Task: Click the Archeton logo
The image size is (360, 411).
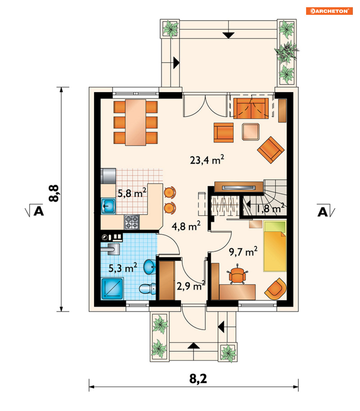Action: [329, 11]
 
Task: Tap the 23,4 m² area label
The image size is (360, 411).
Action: [207, 159]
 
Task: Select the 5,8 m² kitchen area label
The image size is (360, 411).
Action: [132, 193]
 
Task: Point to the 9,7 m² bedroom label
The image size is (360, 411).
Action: [243, 251]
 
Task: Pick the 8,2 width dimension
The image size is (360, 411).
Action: [198, 378]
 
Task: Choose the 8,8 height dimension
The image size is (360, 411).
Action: [54, 193]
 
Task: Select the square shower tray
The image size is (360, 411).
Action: [112, 288]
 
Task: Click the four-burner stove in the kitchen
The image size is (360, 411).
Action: [131, 222]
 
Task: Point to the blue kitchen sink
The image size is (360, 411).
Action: [109, 206]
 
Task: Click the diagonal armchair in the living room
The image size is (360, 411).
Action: [271, 150]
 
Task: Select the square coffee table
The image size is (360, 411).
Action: [251, 132]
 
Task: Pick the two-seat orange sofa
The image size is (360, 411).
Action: [251, 108]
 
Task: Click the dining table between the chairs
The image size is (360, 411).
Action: [135, 122]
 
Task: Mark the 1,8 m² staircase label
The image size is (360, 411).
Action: [270, 208]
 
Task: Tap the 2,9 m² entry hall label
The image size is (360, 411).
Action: [191, 286]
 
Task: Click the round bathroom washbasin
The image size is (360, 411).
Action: [149, 267]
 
